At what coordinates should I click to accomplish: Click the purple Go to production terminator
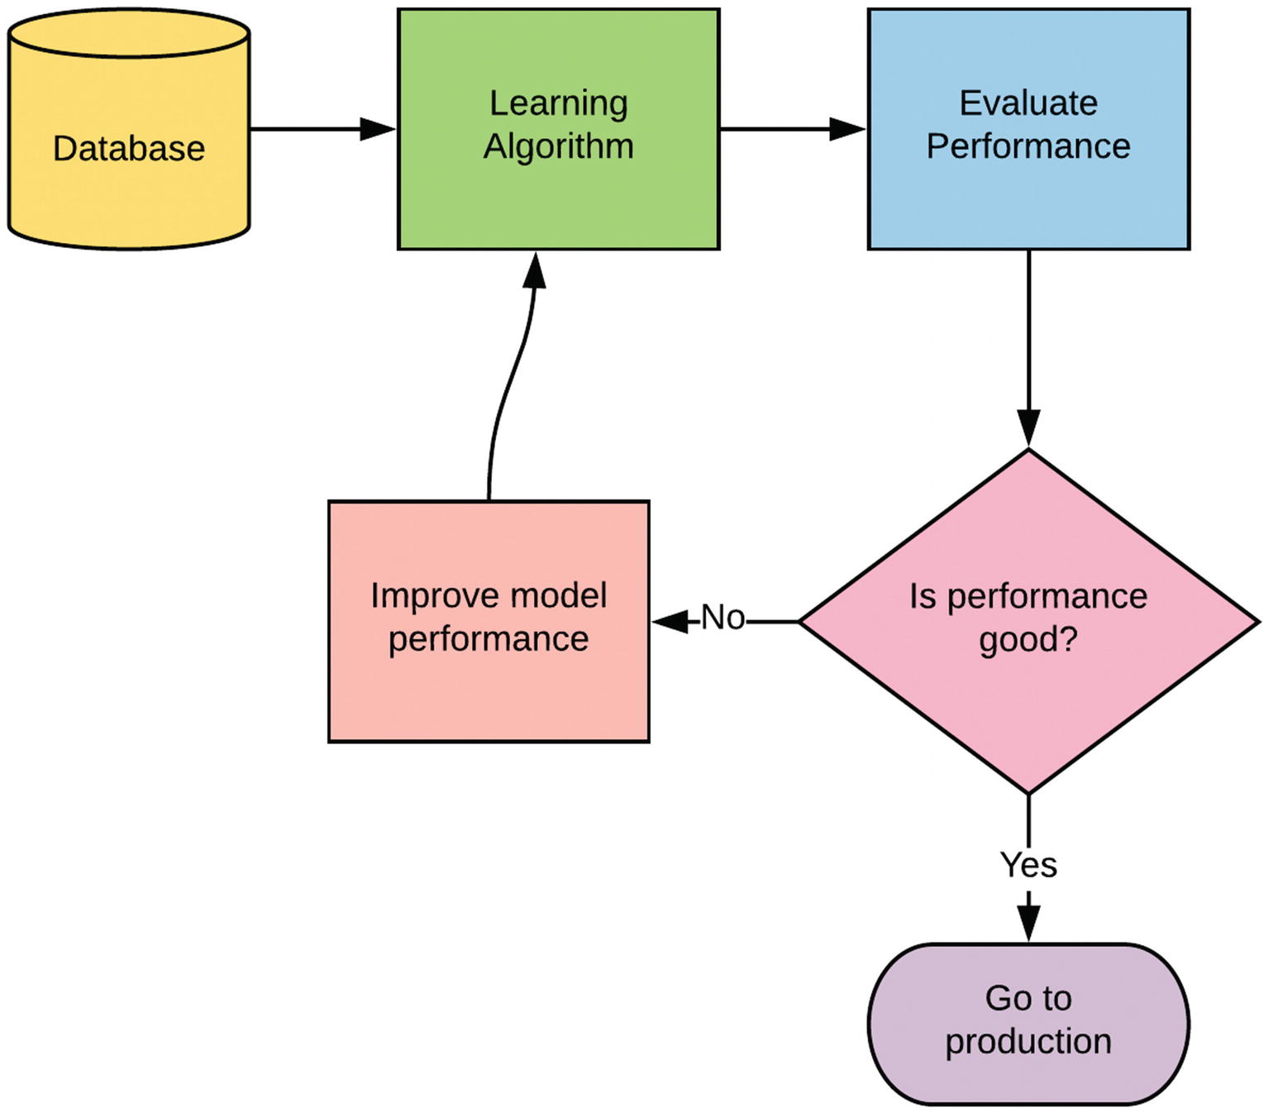pyautogui.click(x=1028, y=1023)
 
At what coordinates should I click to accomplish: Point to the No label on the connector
pyautogui.click(x=723, y=618)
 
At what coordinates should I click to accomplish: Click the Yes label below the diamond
pyautogui.click(x=1028, y=865)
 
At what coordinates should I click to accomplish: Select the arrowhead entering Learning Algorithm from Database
pyautogui.click(x=378, y=129)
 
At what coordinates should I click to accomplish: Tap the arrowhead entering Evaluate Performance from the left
pyautogui.click(x=847, y=129)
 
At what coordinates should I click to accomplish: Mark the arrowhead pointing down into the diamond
pyautogui.click(x=1028, y=428)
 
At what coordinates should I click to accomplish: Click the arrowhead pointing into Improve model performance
pyautogui.click(x=670, y=622)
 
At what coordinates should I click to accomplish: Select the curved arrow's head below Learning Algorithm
pyautogui.click(x=535, y=270)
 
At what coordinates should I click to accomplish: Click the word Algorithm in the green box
pyautogui.click(x=558, y=147)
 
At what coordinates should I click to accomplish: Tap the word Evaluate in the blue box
pyautogui.click(x=1028, y=103)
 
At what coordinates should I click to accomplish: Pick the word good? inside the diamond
pyautogui.click(x=1028, y=640)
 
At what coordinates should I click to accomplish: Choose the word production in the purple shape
pyautogui.click(x=1028, y=1042)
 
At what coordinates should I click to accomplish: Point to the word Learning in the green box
pyautogui.click(x=558, y=104)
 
